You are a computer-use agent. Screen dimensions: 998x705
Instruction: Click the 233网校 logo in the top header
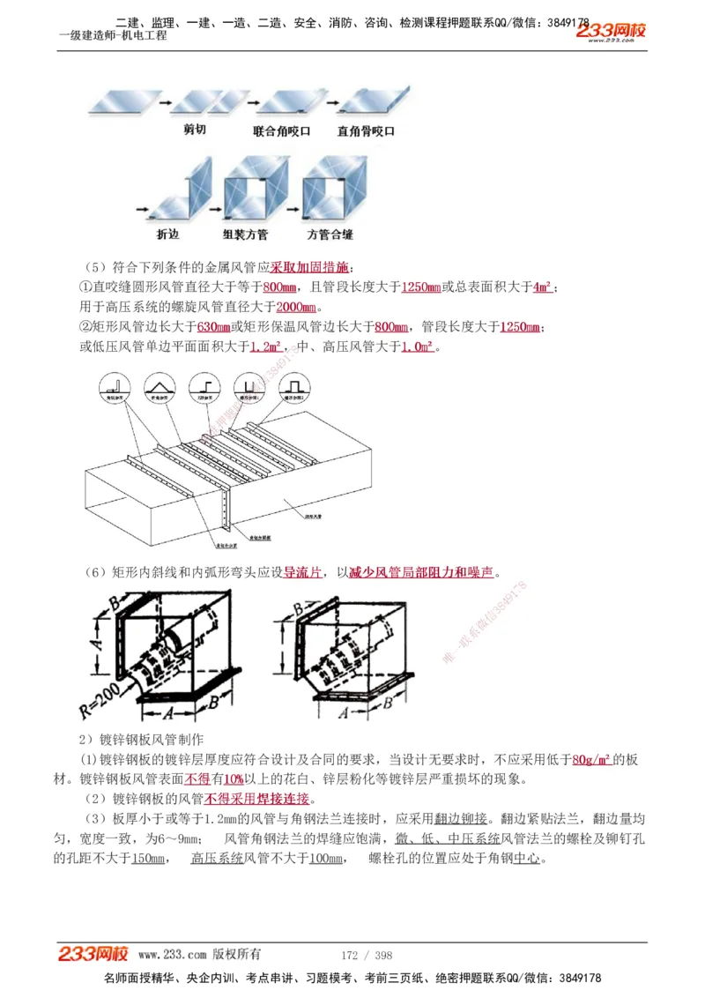(611, 33)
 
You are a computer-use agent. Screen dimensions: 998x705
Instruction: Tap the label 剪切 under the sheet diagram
(195, 130)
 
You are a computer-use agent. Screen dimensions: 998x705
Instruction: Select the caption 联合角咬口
(281, 130)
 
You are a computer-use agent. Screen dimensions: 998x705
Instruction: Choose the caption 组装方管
(246, 235)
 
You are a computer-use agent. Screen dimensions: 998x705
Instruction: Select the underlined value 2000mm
(296, 307)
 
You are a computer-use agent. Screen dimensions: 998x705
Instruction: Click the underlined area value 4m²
(542, 287)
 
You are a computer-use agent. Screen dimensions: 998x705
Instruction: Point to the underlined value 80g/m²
(591, 759)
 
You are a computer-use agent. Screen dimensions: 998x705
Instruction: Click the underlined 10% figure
(233, 779)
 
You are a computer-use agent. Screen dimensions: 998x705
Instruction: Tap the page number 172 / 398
(367, 955)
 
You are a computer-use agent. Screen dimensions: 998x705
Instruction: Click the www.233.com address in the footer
(172, 955)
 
